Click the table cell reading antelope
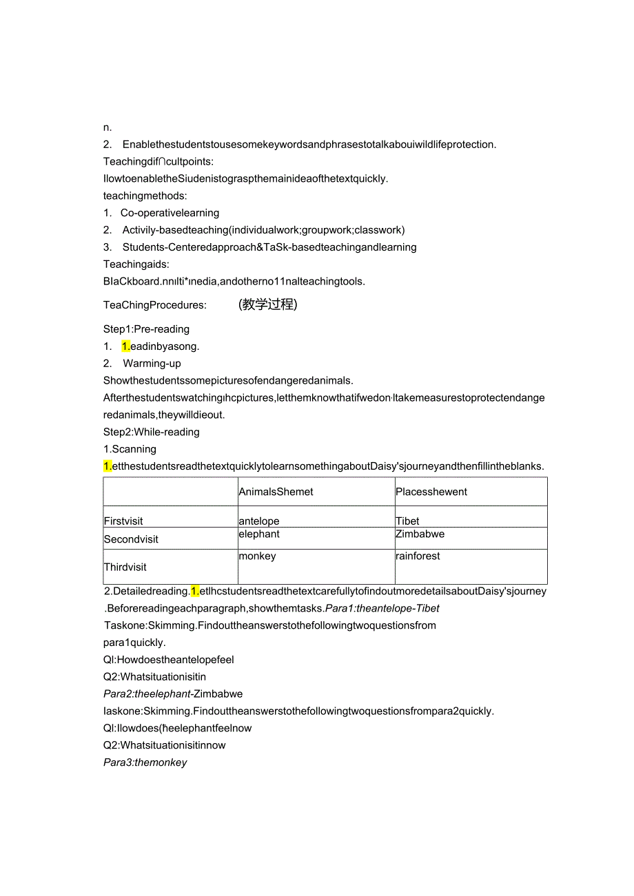coord(259,521)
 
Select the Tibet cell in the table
coord(407,521)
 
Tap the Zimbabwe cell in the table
coord(420,534)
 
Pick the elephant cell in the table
coord(259,534)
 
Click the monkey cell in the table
coord(257,556)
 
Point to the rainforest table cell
coord(418,556)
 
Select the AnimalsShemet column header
coord(276,492)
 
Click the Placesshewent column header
coord(431,492)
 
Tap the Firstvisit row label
coord(124,521)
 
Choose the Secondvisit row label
coord(131,539)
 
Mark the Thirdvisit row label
coord(125,567)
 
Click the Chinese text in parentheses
coord(268,304)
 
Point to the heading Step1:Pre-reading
coord(146,329)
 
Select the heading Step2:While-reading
coord(152,432)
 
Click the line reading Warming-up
coord(152,363)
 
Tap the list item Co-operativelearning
coord(170,213)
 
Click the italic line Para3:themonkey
coord(145,762)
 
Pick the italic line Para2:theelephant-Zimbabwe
coord(173,694)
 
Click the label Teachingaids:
coord(136,264)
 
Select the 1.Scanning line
coord(130,449)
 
